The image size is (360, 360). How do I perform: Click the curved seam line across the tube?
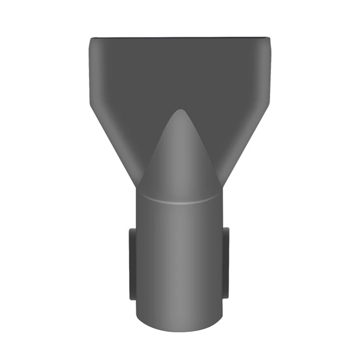point(180,201)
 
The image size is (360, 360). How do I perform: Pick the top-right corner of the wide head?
point(270,39)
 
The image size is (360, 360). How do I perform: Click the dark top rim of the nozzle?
point(180,38)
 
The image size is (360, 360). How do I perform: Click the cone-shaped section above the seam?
point(180,157)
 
